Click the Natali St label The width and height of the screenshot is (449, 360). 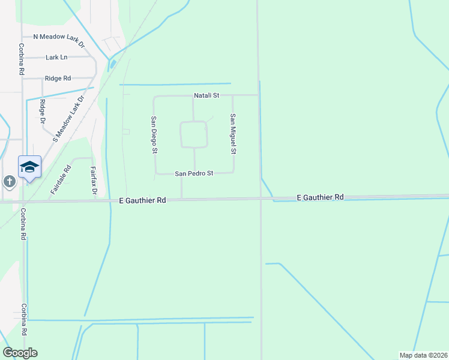click(x=207, y=95)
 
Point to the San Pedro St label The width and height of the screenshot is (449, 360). click(x=194, y=173)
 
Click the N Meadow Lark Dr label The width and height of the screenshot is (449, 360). click(x=59, y=37)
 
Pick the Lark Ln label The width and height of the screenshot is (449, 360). click(x=56, y=58)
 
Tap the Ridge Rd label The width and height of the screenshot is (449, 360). click(x=58, y=78)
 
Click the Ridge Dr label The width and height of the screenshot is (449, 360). click(x=43, y=112)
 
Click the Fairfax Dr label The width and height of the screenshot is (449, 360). click(x=94, y=182)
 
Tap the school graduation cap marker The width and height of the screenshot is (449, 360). click(x=29, y=167)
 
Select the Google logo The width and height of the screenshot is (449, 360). click(x=20, y=353)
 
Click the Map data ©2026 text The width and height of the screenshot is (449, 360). click(x=423, y=355)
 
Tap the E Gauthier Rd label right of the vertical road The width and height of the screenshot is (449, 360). click(x=321, y=197)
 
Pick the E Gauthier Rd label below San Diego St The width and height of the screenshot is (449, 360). click(x=142, y=201)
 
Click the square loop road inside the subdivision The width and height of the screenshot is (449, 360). click(x=194, y=134)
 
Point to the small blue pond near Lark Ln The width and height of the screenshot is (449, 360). click(x=113, y=62)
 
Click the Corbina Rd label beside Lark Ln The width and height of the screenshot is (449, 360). click(x=21, y=59)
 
